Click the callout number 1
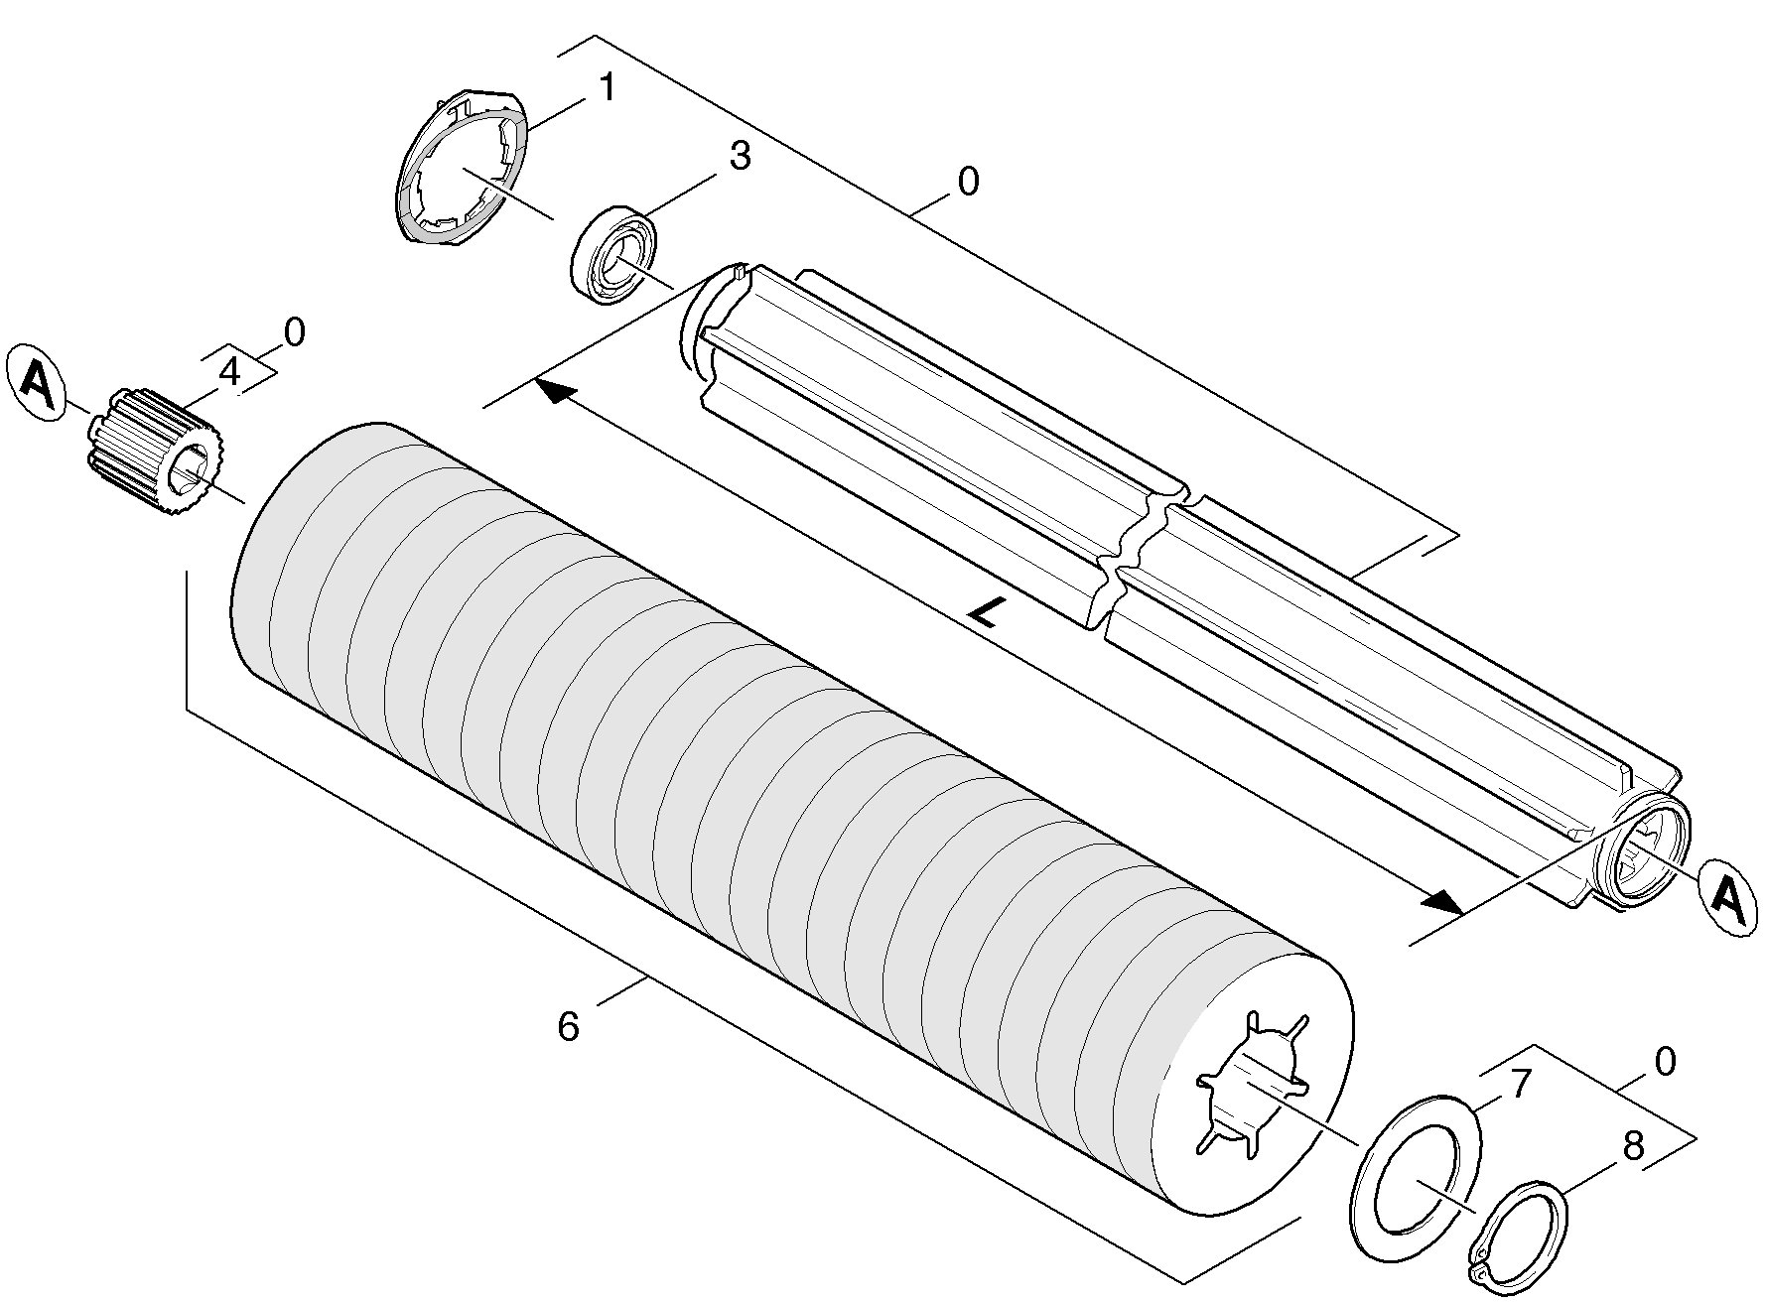(606, 88)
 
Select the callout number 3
(740, 157)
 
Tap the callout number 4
(229, 372)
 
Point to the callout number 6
(568, 1027)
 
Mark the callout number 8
(1633, 1146)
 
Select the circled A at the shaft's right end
(1728, 897)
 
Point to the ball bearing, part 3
(615, 256)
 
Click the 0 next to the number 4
(295, 332)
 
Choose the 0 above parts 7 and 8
(1665, 1061)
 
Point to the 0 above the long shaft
(968, 182)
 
